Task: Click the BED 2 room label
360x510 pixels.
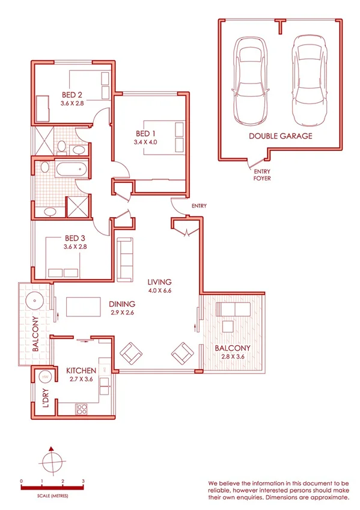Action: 72,94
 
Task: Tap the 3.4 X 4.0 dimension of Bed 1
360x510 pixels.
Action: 145,143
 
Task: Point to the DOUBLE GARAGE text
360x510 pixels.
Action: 281,137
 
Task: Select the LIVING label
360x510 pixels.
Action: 160,281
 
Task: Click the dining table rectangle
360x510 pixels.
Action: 84,307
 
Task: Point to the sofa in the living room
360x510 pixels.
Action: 126,259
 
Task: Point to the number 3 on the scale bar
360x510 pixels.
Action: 83,482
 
